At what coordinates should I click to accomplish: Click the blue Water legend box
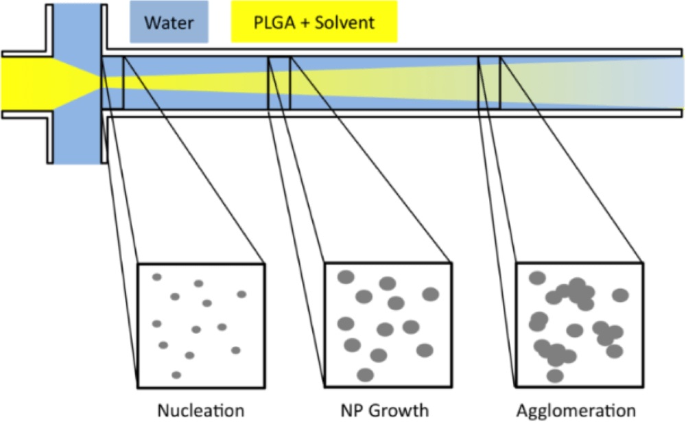click(x=169, y=23)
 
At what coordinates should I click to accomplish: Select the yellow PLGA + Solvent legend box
click(x=314, y=23)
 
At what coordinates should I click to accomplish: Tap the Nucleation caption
click(x=200, y=410)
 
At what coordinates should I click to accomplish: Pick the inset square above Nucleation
click(x=201, y=325)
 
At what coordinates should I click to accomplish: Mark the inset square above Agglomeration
click(x=579, y=325)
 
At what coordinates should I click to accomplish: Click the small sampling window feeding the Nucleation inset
click(x=113, y=82)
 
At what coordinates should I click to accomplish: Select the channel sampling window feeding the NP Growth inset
click(x=279, y=82)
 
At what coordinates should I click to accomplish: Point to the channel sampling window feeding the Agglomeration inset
click(x=488, y=82)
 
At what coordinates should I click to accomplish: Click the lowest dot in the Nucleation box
click(x=176, y=375)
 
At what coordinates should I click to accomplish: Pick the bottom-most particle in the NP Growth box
click(x=366, y=375)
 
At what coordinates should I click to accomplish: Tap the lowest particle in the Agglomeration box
click(x=555, y=375)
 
